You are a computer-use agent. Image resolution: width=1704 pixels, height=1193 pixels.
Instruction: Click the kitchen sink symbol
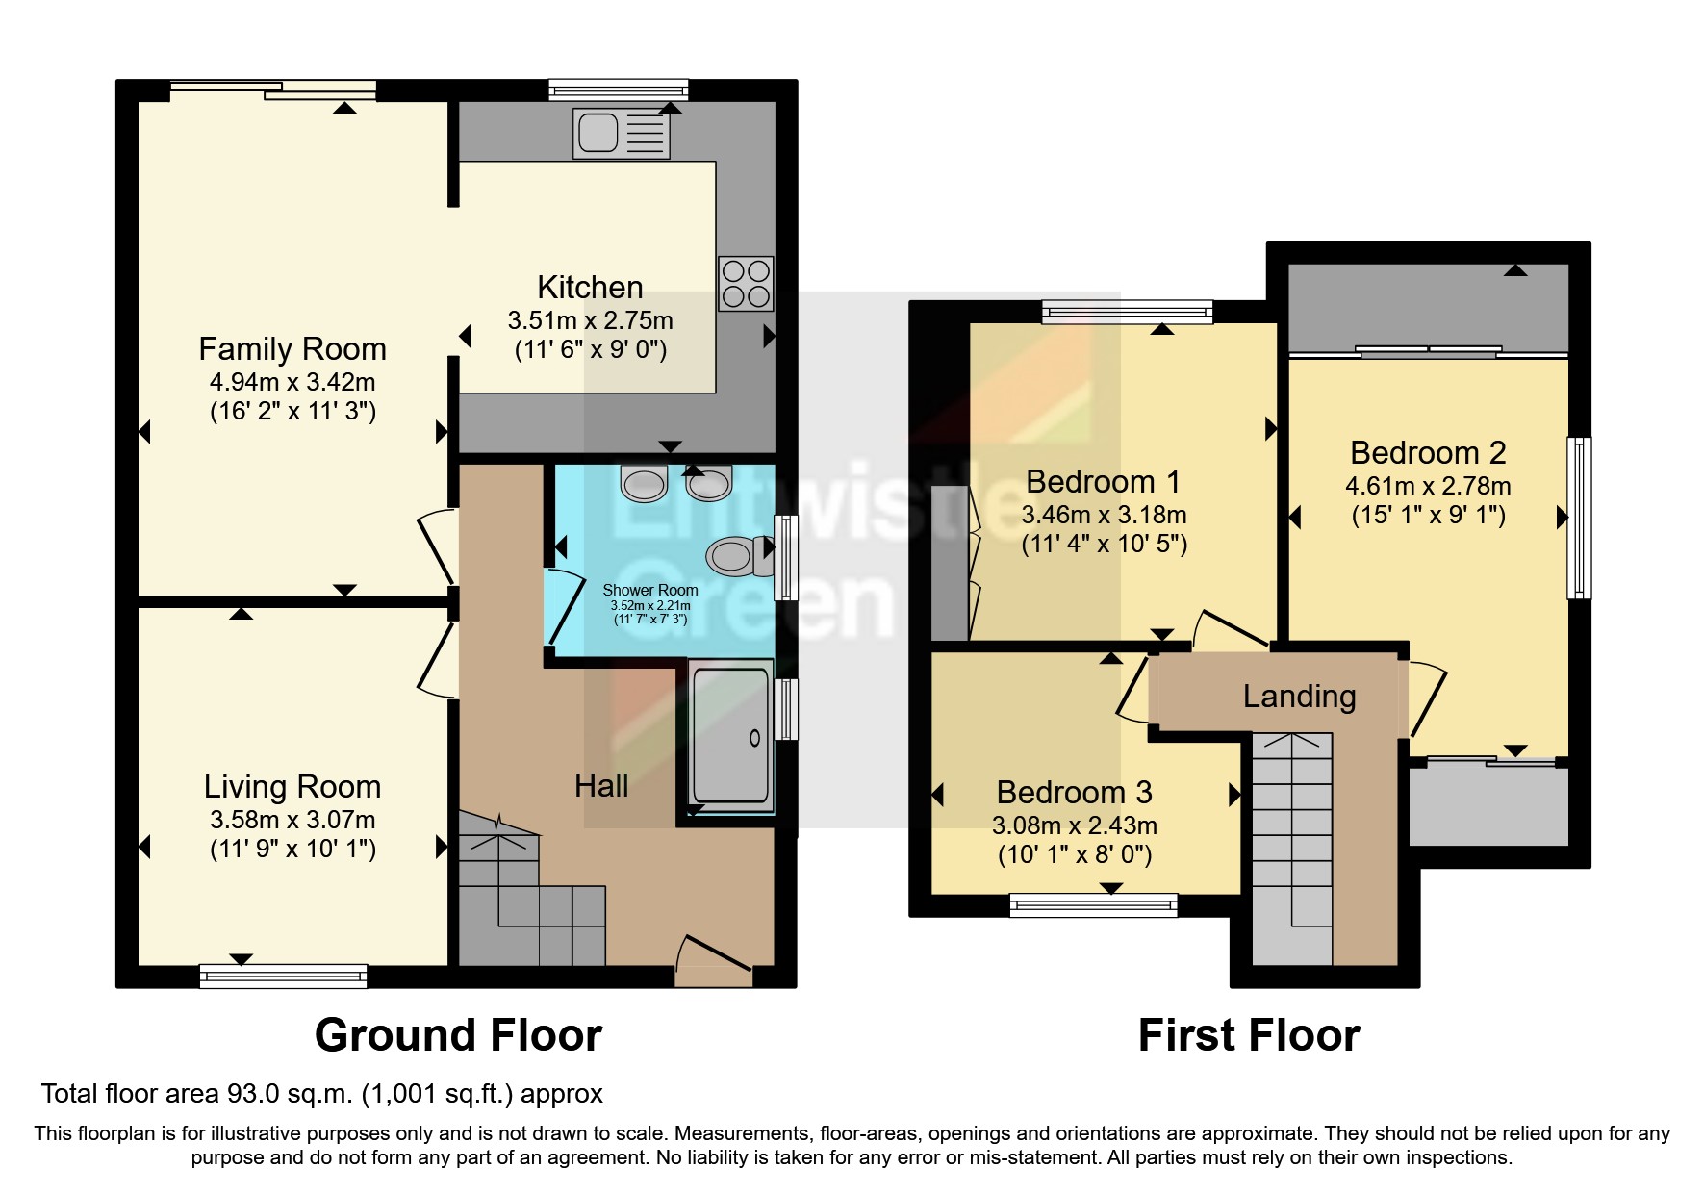[x=622, y=133]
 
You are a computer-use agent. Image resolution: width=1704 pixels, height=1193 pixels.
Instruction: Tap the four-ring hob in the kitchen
[x=746, y=284]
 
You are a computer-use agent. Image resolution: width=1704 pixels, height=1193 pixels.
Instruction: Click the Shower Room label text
[x=649, y=590]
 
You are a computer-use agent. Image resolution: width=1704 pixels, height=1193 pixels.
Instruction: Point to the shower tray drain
[x=754, y=738]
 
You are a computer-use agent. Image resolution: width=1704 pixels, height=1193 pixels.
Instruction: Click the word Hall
[x=601, y=786]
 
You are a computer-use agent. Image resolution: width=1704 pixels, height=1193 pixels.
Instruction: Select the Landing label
[x=1299, y=696]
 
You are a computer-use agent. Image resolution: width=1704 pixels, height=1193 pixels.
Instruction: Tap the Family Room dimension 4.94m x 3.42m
[x=292, y=382]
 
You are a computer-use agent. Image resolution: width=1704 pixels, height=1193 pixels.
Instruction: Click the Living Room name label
[x=292, y=787]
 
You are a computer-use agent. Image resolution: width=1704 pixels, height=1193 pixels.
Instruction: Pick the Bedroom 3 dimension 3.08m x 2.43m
[x=1074, y=825]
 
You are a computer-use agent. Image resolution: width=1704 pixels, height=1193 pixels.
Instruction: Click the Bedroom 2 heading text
[x=1428, y=452]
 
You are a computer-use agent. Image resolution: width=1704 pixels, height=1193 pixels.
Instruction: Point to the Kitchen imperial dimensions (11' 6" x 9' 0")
[x=590, y=349]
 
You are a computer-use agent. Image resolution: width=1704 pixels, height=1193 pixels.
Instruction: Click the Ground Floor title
[x=458, y=1035]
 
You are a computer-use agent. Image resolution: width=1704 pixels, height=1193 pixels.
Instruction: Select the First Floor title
[x=1248, y=1035]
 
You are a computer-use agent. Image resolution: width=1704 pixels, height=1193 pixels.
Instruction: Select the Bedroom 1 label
[x=1103, y=481]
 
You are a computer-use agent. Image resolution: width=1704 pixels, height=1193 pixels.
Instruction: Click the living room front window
[x=283, y=976]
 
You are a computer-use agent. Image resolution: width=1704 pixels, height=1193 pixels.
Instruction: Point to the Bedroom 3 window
[x=1093, y=904]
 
